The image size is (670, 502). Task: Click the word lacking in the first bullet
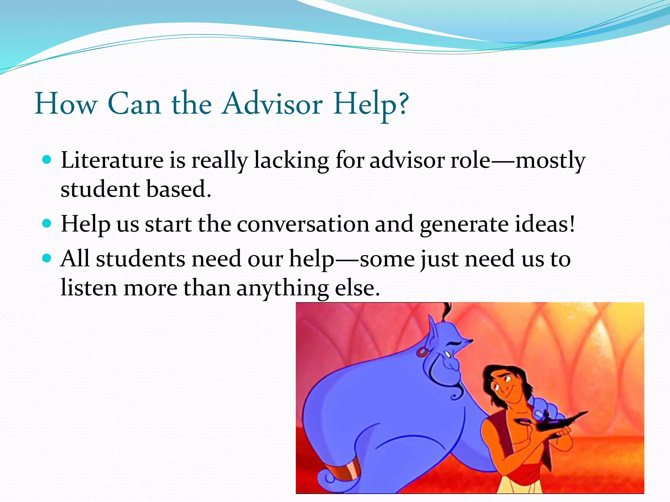tap(291, 161)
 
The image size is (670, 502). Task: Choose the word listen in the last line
tap(89, 288)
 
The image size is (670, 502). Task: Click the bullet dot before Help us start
tap(47, 224)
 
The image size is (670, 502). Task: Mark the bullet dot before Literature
tap(47, 160)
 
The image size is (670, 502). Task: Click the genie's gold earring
tap(422, 352)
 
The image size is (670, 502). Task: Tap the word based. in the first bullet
tap(178, 190)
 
